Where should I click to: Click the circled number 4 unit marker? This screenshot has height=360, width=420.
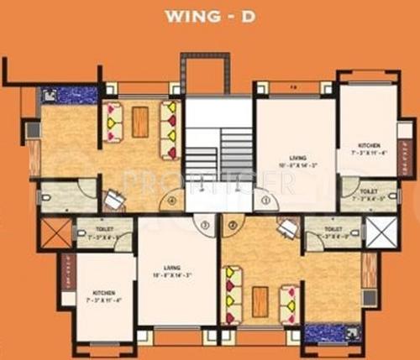coord(171,201)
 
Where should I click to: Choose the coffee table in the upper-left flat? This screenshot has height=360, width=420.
coord(140,123)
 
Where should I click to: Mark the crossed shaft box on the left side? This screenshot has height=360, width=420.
coord(56,232)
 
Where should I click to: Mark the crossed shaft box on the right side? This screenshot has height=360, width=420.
coord(380,230)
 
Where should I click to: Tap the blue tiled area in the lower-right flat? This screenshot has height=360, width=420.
coord(328,333)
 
